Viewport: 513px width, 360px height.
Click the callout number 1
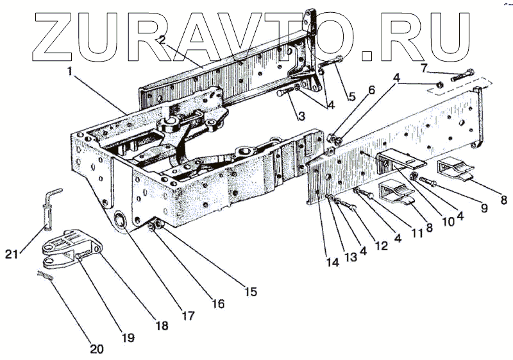69,71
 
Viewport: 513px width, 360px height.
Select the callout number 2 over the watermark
162,40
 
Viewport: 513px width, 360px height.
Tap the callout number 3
299,116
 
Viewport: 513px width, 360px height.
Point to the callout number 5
351,97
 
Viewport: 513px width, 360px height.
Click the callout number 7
423,67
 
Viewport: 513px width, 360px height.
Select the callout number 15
249,291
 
